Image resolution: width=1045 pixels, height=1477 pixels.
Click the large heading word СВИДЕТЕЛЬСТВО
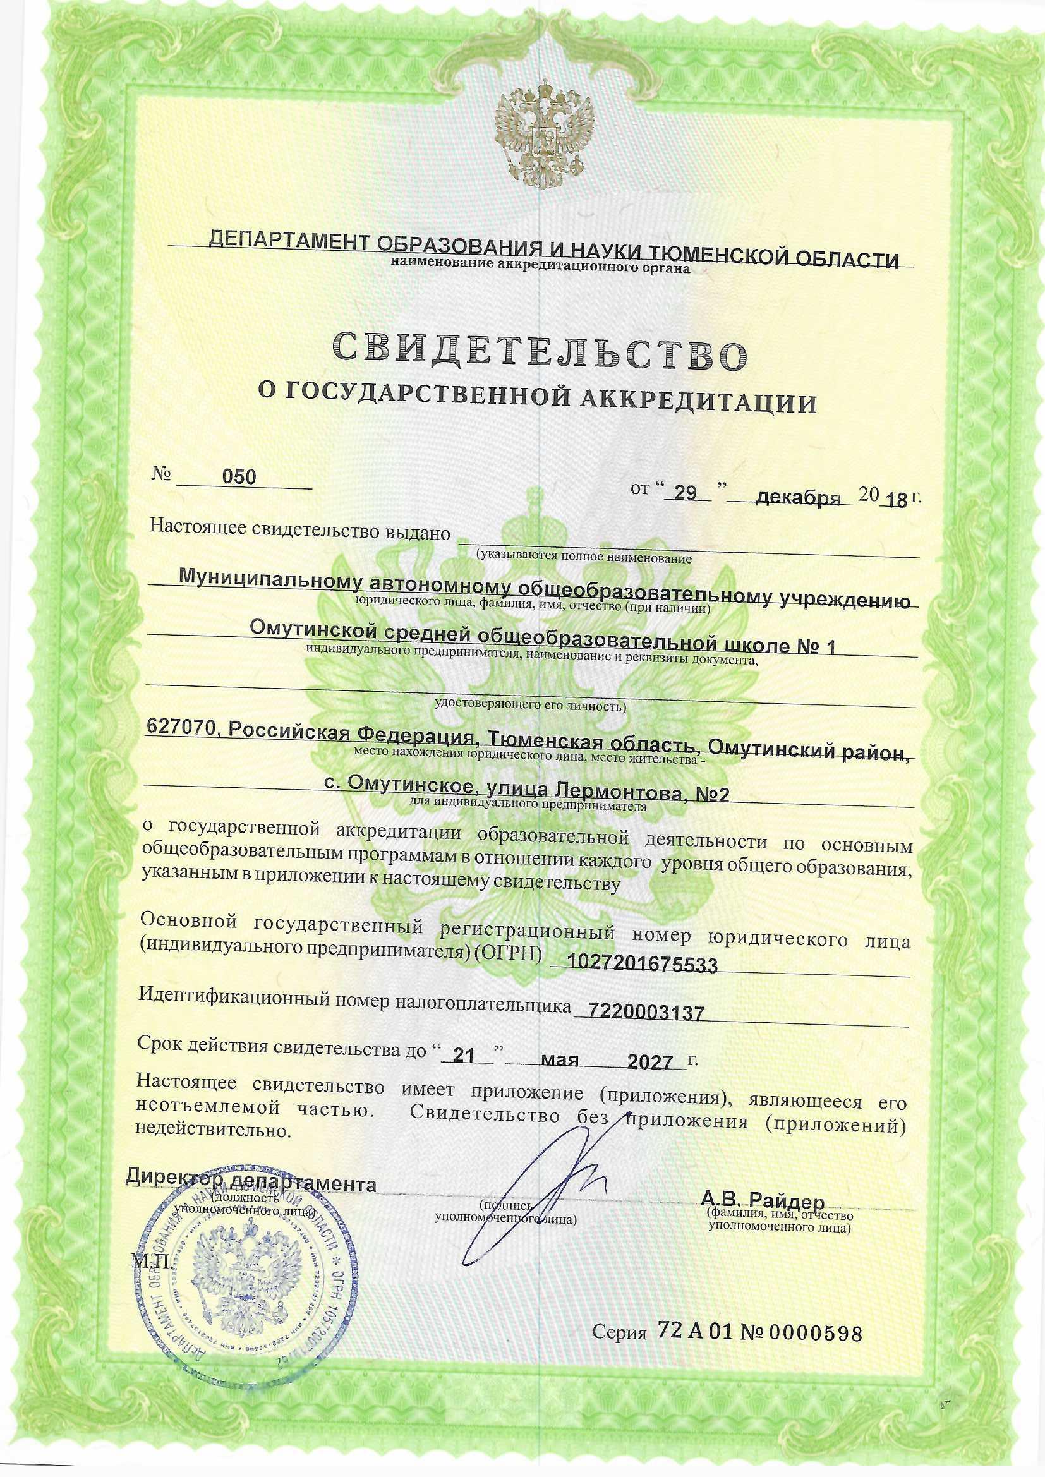point(541,353)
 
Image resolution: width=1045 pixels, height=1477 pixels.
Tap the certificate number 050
point(239,478)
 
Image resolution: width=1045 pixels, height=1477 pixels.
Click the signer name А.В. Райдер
point(763,1199)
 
